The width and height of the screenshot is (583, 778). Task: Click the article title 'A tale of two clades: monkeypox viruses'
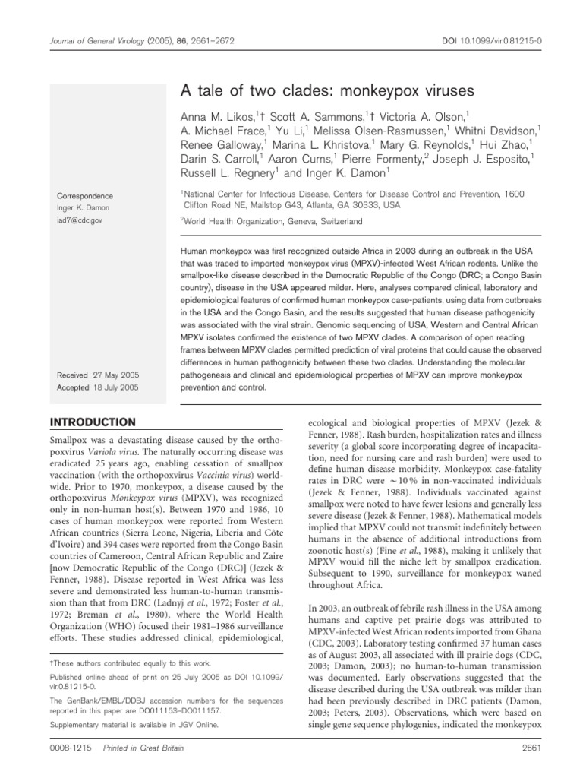point(326,90)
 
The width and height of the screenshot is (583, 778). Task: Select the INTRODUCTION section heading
point(93,422)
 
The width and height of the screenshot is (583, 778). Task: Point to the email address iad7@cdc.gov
point(74,220)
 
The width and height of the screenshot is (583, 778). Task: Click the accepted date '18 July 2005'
point(118,387)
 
